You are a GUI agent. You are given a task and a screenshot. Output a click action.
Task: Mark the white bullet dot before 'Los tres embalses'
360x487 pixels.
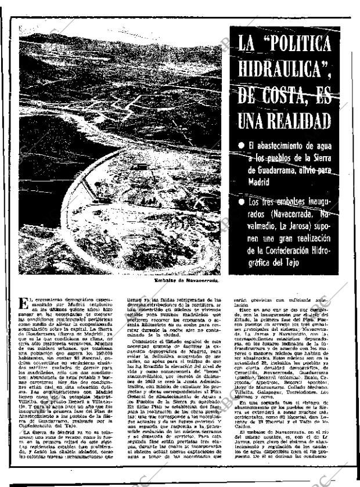coord(239,201)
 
